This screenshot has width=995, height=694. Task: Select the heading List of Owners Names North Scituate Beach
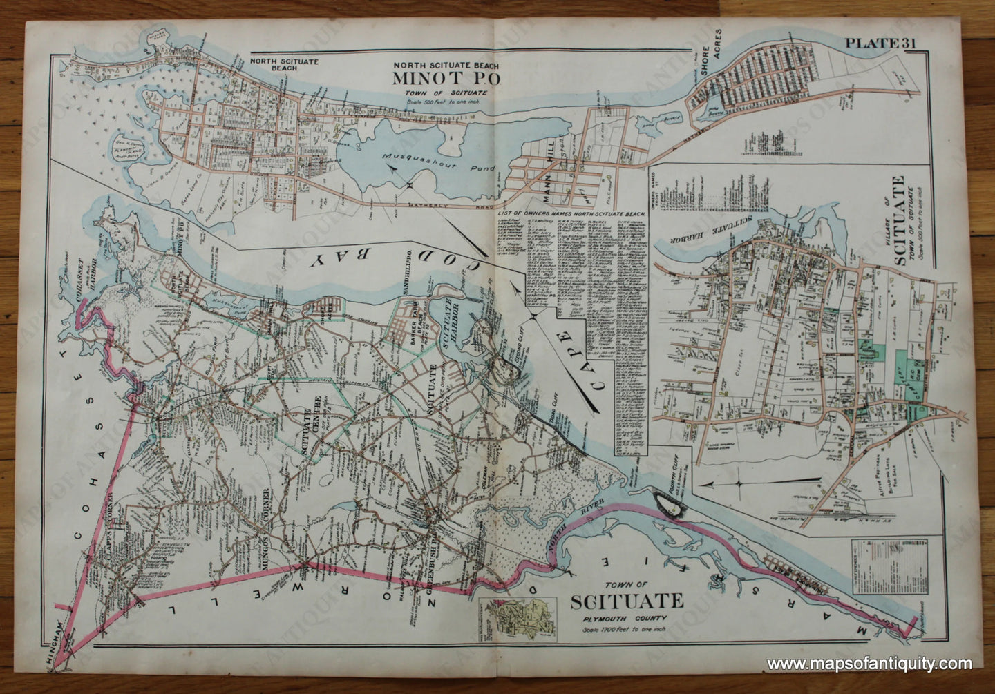(572, 215)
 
